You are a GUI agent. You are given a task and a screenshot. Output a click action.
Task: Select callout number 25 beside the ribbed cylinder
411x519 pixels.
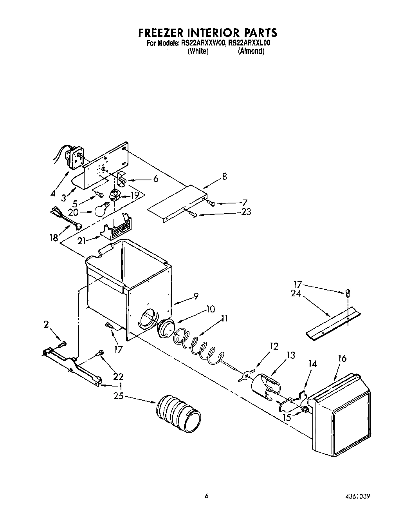pyautogui.click(x=118, y=396)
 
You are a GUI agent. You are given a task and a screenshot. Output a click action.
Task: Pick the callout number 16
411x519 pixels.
pyautogui.click(x=342, y=358)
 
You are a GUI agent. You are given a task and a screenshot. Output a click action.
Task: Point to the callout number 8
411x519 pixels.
pyautogui.click(x=224, y=176)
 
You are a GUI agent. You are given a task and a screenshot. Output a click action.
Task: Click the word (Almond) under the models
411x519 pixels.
pyautogui.click(x=251, y=52)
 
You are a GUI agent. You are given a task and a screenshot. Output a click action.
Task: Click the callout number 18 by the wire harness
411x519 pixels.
pyautogui.click(x=53, y=238)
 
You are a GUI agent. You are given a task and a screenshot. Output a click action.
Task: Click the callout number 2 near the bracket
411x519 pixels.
pyautogui.click(x=46, y=324)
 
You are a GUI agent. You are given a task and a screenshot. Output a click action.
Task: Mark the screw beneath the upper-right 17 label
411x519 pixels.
pyautogui.click(x=348, y=292)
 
